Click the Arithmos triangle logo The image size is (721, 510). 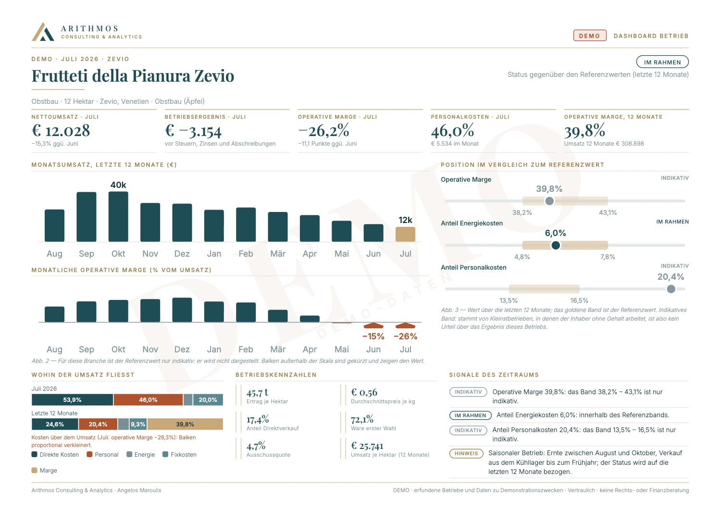pos(43,32)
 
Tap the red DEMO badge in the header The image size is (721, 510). pos(590,36)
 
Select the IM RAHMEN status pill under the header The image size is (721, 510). pos(662,62)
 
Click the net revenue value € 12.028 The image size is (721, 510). pos(61,131)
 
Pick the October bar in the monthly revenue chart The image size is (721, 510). pos(118,216)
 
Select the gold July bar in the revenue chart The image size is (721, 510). pos(405,234)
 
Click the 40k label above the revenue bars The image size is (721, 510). pos(118,185)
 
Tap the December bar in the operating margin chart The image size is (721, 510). pos(182,310)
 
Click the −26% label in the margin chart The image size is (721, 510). pos(405,336)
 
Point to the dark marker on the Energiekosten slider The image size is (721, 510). pos(556,245)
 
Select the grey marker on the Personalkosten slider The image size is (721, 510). pos(671,289)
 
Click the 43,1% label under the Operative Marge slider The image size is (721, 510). pos(608,212)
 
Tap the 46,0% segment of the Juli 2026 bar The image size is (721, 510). pos(148,399)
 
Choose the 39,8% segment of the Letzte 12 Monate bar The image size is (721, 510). pos(185,424)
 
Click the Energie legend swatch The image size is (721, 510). pos(129,454)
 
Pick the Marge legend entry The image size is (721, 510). pos(44,470)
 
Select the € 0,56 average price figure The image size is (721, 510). pos(364,392)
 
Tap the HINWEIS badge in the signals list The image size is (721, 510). pos(466,453)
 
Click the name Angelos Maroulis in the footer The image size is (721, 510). pos(139,490)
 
